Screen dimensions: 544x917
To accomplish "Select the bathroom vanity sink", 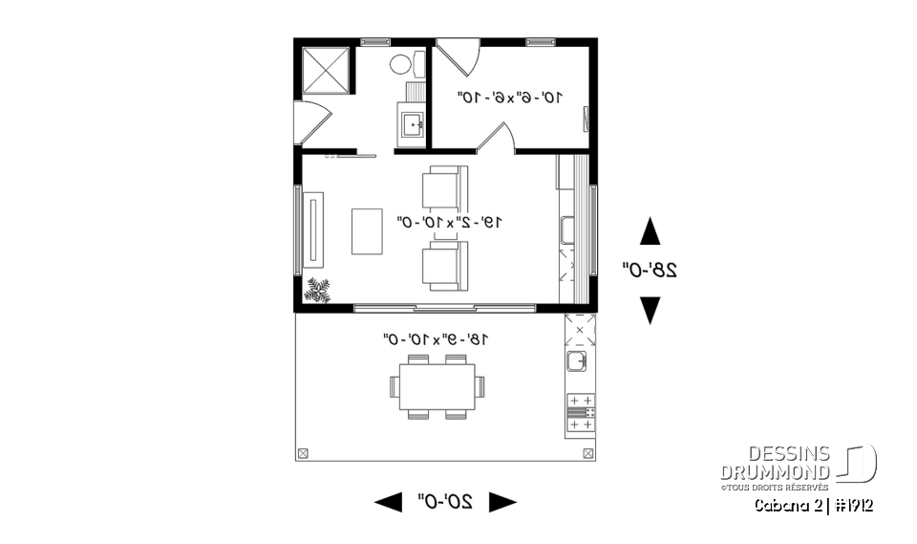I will coord(412,124).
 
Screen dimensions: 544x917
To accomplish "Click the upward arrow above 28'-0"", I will coord(650,231).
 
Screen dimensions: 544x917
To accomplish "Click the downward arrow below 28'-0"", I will coord(650,309).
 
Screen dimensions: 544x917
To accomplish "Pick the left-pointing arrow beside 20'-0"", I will coord(388,502).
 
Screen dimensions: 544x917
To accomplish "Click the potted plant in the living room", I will coord(317,290).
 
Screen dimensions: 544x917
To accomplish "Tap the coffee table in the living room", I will coord(367,231).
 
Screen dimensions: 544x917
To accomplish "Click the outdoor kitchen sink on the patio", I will coord(577,361).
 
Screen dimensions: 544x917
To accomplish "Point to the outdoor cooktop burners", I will coord(580,411).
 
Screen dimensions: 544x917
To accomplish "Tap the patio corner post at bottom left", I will coord(304,452).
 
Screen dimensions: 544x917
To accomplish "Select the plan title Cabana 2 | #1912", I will coord(814,504).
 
